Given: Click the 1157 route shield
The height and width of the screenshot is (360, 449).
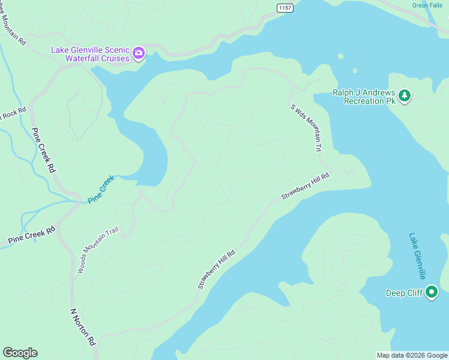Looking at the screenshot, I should coord(285,7).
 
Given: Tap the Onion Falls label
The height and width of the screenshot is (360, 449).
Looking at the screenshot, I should coord(427,5).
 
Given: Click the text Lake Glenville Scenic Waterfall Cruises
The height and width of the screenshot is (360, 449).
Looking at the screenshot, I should coord(90,54).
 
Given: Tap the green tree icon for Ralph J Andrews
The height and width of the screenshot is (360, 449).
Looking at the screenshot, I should coord(405,96).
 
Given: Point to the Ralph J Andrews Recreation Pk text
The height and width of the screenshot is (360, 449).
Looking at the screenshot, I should coord(364,97).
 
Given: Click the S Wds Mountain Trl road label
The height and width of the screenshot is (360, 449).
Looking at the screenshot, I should coord(306,128).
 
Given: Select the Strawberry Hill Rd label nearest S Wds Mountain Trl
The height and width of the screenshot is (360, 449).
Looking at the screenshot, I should coord(306,187).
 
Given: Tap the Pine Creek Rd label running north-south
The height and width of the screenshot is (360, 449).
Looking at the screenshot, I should coord(43,151).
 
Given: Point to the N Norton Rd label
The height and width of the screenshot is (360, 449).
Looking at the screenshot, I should coord(83,327).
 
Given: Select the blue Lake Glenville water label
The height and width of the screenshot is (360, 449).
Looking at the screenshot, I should coord(417,256).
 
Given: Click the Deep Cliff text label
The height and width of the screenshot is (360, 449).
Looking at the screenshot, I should coord(403,293).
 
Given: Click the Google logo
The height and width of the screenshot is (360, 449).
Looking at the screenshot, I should coord(20,353).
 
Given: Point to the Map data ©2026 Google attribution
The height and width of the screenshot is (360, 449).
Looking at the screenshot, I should coord(412,355).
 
